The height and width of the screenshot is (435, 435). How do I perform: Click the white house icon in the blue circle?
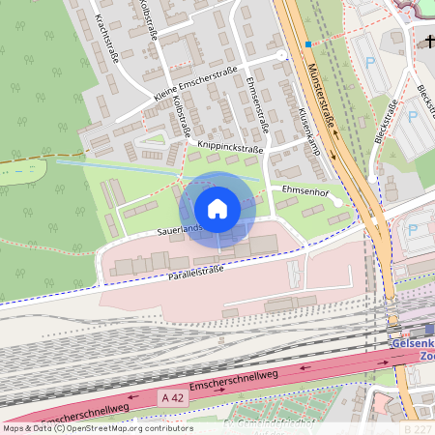[217, 209]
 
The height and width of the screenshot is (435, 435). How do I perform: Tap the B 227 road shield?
[418, 427]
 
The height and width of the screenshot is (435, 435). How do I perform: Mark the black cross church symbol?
[427, 42]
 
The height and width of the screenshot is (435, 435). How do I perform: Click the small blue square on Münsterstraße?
[308, 44]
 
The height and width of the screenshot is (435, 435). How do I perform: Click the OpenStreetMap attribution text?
[98, 428]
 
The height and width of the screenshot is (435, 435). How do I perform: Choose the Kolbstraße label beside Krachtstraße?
[148, 21]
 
